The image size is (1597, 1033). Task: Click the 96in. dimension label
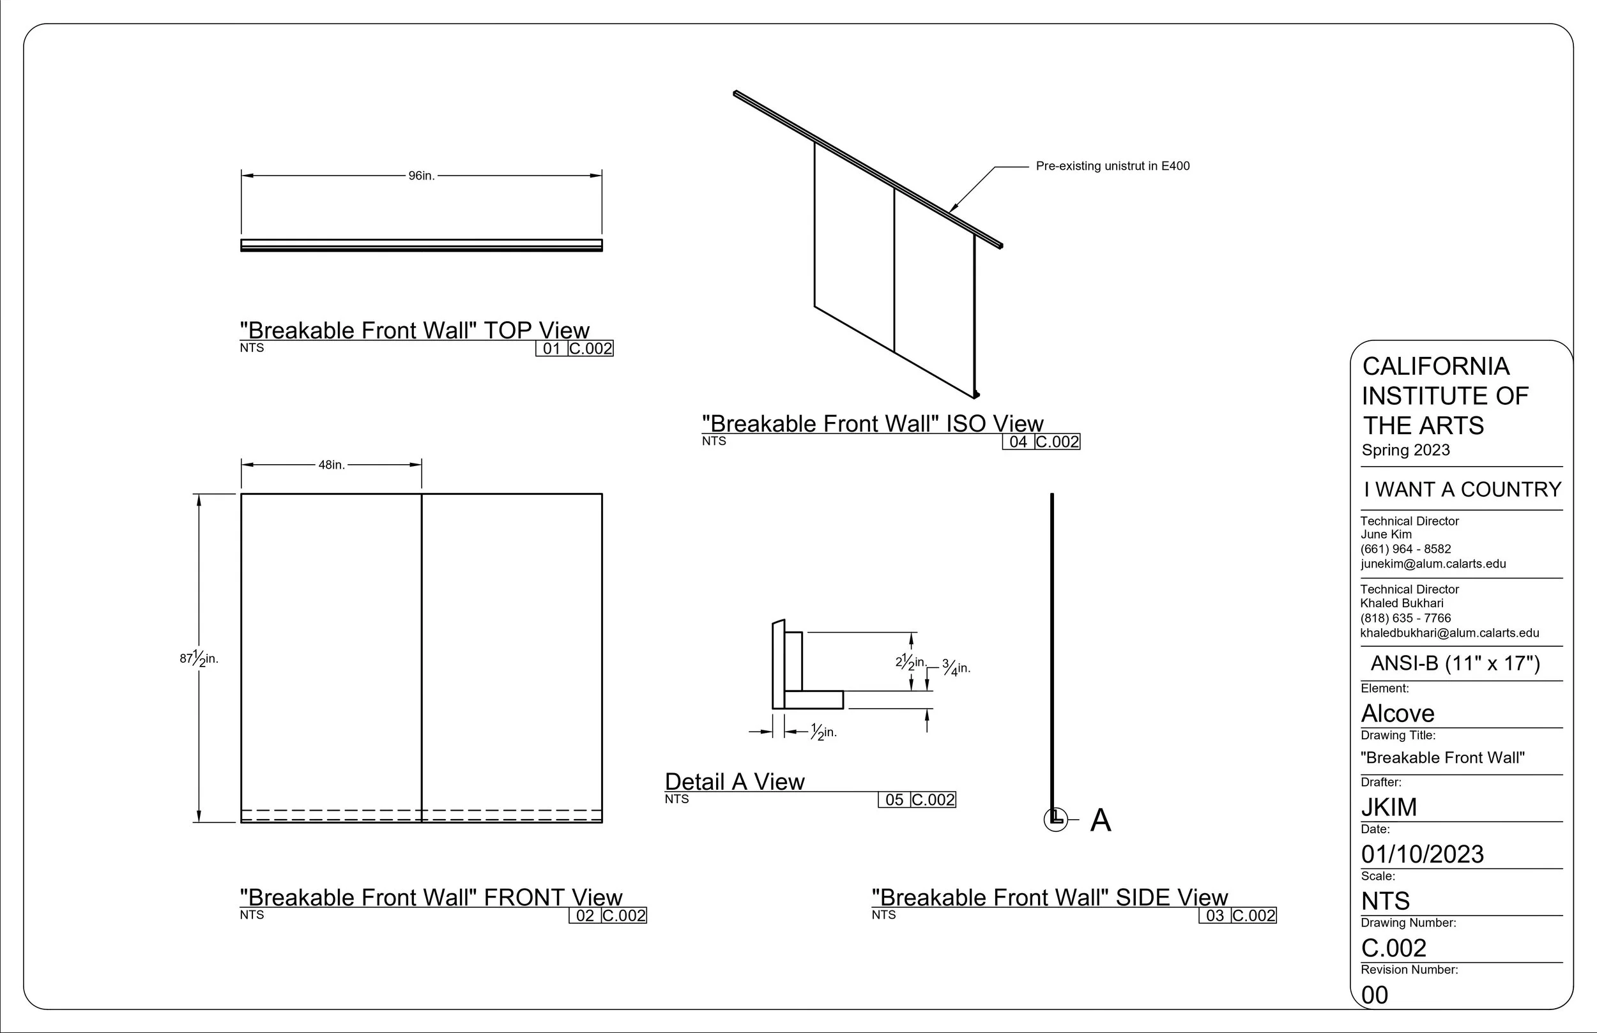point(422,176)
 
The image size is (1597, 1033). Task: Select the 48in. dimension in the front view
point(332,465)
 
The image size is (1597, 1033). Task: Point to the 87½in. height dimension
point(199,658)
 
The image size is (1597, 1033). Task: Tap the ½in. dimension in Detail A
point(823,732)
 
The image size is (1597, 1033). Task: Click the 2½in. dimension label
point(910,662)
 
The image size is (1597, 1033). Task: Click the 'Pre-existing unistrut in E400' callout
point(1113,166)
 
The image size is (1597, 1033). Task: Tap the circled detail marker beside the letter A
point(1055,819)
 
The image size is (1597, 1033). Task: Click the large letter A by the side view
point(1101,820)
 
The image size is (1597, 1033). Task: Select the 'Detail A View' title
point(734,781)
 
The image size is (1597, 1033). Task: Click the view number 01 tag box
point(551,349)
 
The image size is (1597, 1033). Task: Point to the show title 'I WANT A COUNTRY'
point(1462,490)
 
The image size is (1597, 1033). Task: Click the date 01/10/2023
point(1423,854)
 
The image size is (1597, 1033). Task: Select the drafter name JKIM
point(1389,807)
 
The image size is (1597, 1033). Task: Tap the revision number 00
point(1375,995)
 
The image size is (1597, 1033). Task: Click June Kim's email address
point(1433,564)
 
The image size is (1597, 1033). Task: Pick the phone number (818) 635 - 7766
point(1406,618)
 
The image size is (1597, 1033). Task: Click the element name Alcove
point(1398,713)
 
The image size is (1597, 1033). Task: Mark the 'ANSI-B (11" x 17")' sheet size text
point(1455,663)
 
